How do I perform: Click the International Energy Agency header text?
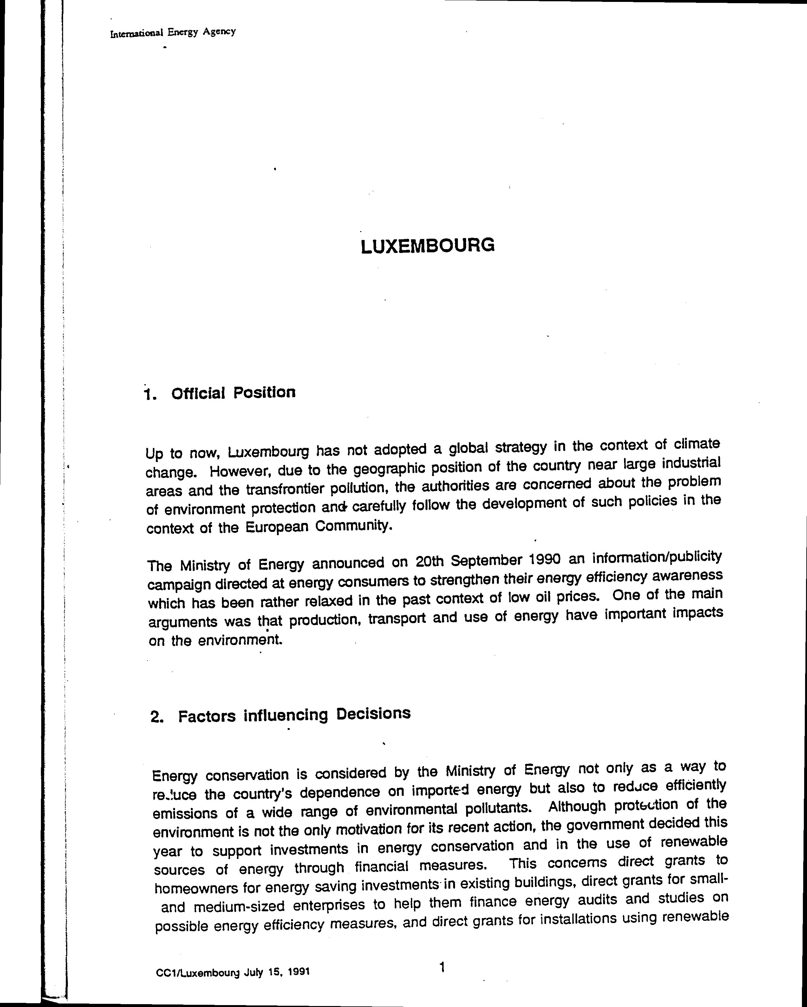173,33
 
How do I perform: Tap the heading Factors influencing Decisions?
294,715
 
